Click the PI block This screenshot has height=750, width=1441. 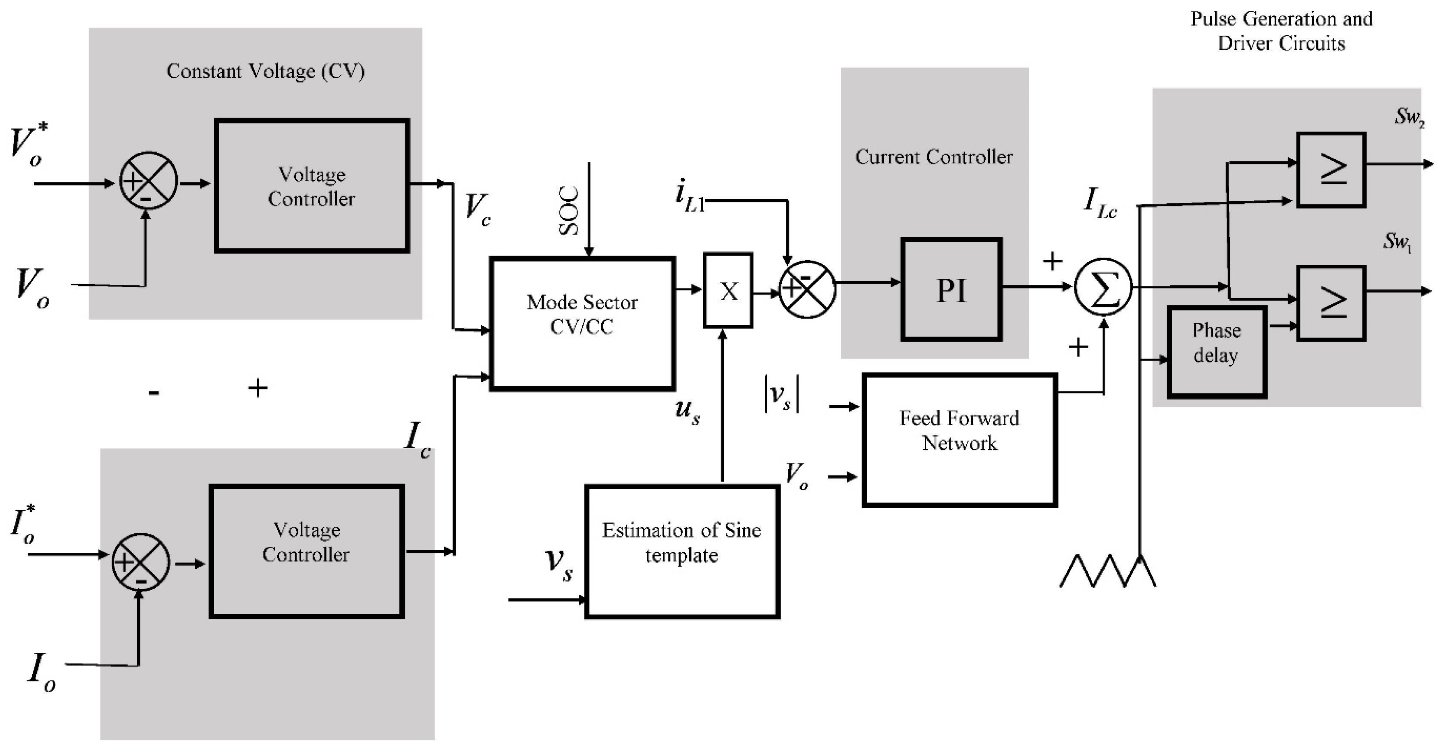coord(951,289)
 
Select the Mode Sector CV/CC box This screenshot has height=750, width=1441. coord(582,323)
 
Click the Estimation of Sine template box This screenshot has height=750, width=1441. coord(682,551)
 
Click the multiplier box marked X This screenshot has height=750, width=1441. coord(728,290)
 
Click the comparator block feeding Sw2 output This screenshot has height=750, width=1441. coord(1331,170)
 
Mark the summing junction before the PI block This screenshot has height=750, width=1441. coord(807,289)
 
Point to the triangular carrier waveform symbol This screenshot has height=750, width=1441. coord(1108,571)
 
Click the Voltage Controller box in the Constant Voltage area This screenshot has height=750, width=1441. coord(312,186)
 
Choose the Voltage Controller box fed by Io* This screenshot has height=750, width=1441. coord(307,551)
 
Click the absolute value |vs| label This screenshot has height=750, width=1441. coord(781,394)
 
